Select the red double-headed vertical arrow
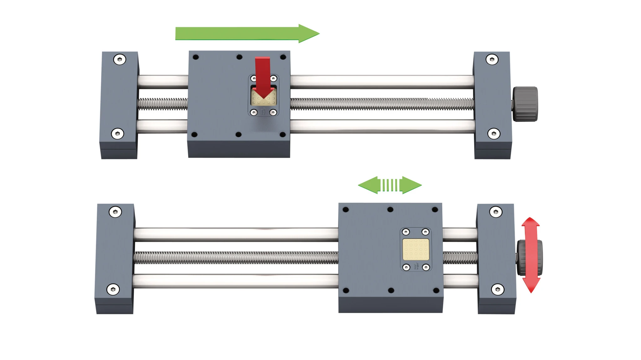pyautogui.click(x=531, y=255)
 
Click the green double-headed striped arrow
pyautogui.click(x=390, y=185)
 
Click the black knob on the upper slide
pyautogui.click(x=525, y=104)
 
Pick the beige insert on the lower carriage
pyautogui.click(x=416, y=249)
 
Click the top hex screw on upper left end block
pyautogui.click(x=120, y=59)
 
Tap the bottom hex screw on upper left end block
pyautogui.click(x=118, y=134)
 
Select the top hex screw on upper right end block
pyautogui.click(x=492, y=59)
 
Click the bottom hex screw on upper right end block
pyautogui.click(x=494, y=134)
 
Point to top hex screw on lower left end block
pyautogui.click(x=115, y=212)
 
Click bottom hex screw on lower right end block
pyautogui.click(x=498, y=289)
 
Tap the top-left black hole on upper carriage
pyautogui.click(x=196, y=57)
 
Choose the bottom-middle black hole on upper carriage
pyautogui.click(x=238, y=134)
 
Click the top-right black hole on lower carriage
pyautogui.click(x=435, y=210)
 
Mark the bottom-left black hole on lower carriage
pyautogui.click(x=346, y=290)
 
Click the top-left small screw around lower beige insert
pyautogui.click(x=406, y=232)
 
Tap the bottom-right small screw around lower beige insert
pyautogui.click(x=426, y=267)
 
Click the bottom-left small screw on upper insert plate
pyautogui.click(x=254, y=112)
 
